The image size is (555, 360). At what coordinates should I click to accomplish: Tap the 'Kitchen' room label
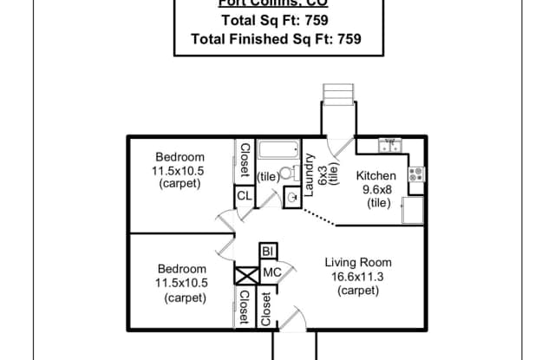tap(375, 176)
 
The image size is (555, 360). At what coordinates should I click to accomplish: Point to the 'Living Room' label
tap(358, 263)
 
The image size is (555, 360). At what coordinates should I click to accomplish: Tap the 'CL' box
tap(245, 196)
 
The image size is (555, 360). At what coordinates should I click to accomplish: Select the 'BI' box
tap(268, 252)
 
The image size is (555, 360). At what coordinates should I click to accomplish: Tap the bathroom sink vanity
tap(291, 198)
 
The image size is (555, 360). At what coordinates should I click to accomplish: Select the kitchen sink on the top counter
tap(390, 143)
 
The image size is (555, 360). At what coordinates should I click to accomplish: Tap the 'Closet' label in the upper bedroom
tap(245, 160)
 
